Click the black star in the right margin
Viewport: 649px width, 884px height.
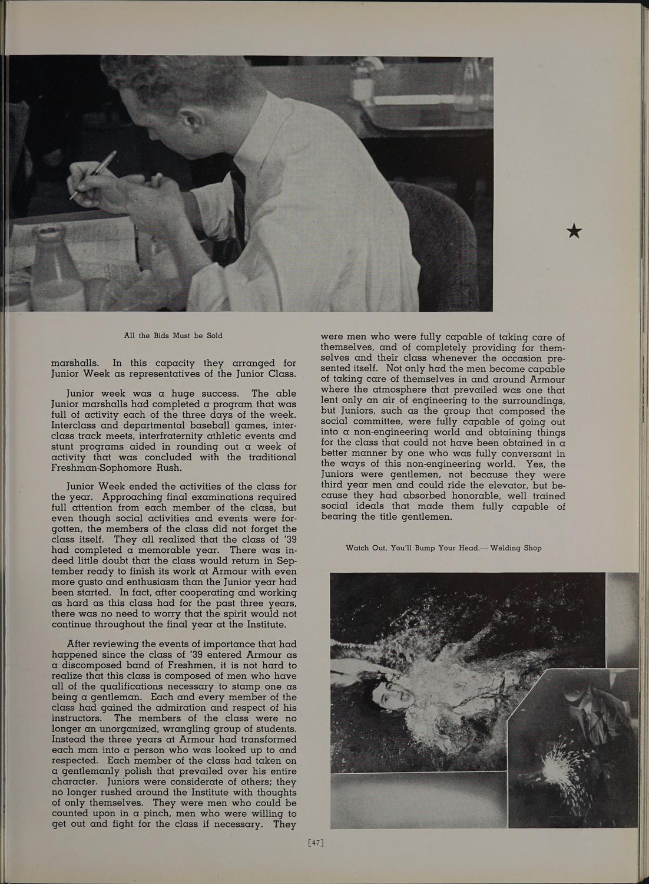pyautogui.click(x=574, y=232)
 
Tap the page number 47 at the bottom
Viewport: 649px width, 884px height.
pyautogui.click(x=316, y=843)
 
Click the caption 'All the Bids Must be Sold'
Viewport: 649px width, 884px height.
pyautogui.click(x=173, y=335)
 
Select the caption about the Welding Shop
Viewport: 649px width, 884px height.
pyautogui.click(x=443, y=547)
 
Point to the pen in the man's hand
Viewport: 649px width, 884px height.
pyautogui.click(x=93, y=174)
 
